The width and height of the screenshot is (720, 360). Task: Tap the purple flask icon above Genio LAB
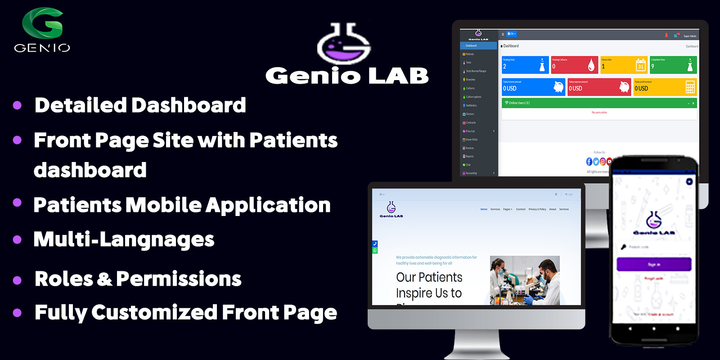344,45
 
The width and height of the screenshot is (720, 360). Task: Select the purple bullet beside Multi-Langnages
17,239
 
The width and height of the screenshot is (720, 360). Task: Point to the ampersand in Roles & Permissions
104,279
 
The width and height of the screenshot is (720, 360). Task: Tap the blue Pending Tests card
525,65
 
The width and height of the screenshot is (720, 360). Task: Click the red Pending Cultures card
574,65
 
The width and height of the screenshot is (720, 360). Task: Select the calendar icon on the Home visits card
640,65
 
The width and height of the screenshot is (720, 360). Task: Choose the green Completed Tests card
673,65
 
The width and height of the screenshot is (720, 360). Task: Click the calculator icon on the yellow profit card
690,87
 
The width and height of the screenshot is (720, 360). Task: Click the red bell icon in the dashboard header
666,35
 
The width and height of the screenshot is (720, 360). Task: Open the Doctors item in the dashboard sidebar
470,114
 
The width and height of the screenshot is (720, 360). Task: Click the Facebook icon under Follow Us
589,162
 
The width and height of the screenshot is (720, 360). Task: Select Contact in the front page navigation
521,209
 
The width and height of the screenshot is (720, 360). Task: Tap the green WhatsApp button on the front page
375,251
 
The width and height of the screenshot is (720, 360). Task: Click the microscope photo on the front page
525,280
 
